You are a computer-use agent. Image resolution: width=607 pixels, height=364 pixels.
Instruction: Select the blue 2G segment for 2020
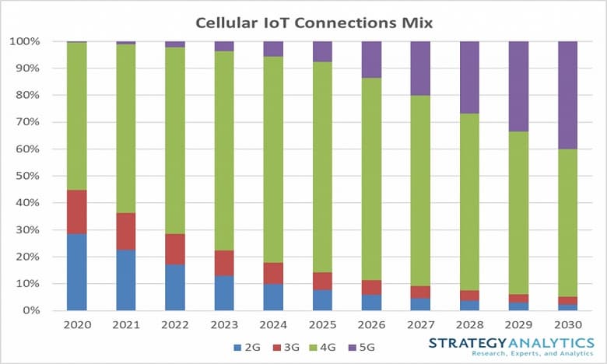point(76,271)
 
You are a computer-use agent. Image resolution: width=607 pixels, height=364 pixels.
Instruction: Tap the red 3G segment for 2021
point(126,231)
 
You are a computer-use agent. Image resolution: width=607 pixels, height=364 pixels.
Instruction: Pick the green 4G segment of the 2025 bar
point(322,167)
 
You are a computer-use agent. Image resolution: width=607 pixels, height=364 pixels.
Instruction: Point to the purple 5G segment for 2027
point(420,68)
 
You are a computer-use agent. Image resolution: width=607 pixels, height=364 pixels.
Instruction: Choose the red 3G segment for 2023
point(224,263)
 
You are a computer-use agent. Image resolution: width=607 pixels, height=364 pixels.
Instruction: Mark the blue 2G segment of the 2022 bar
point(175,287)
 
